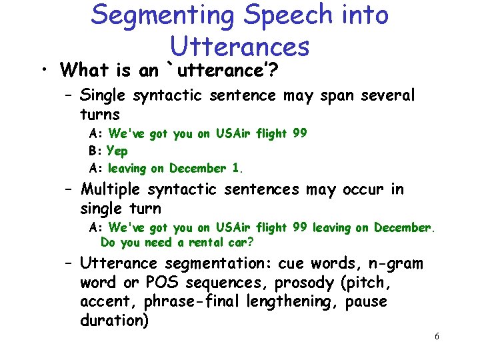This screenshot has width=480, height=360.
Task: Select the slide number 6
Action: [436, 337]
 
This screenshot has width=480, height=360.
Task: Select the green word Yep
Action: [117, 151]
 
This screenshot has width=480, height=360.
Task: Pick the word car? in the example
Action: [241, 242]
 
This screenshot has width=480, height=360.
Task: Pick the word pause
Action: [366, 302]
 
